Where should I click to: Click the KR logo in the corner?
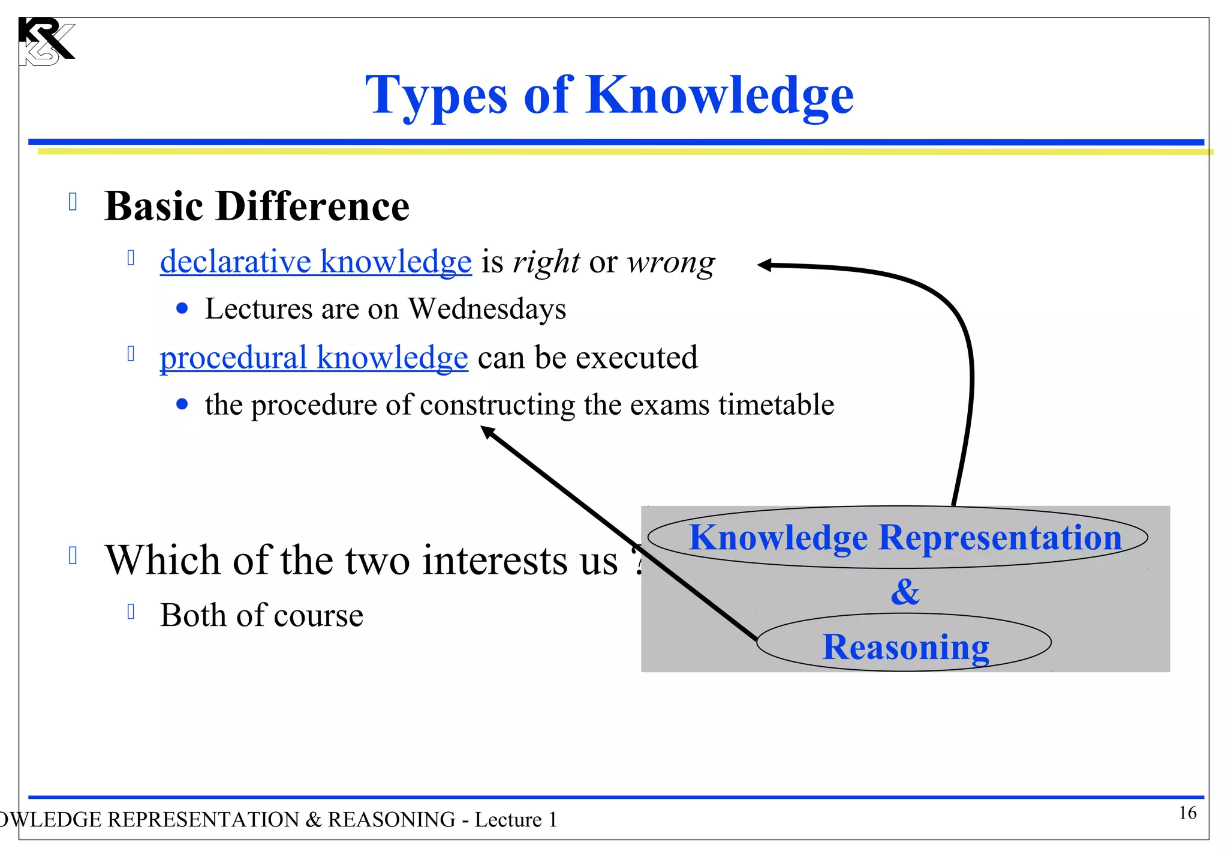click(x=46, y=41)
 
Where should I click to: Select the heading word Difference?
click(x=312, y=206)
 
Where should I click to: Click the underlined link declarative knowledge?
click(x=315, y=262)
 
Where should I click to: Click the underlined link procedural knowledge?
click(x=314, y=358)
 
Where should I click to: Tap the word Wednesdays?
click(x=487, y=309)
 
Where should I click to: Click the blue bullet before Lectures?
click(x=182, y=309)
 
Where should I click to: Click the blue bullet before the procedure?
click(x=182, y=404)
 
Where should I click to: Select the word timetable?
click(x=776, y=404)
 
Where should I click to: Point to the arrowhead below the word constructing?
click(x=488, y=432)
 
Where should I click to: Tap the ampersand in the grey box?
click(x=905, y=592)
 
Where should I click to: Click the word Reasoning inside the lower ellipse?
click(x=905, y=647)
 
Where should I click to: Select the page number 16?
click(x=1187, y=813)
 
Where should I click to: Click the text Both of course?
click(x=261, y=615)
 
